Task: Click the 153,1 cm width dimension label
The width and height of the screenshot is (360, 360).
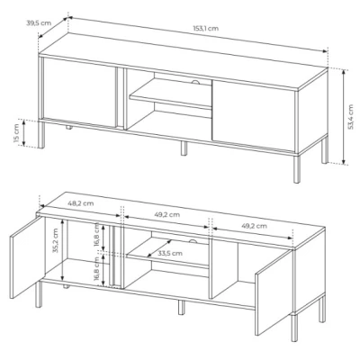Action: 205,29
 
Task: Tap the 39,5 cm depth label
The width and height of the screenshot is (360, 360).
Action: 39,23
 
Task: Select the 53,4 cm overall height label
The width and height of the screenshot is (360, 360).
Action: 350,117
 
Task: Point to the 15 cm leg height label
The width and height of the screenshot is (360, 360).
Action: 16,133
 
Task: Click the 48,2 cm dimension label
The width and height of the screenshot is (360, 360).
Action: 81,203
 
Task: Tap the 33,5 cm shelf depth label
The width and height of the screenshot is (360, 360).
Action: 170,253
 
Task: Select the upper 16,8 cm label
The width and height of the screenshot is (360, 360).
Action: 96,234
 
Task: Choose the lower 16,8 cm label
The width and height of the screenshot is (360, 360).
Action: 96,268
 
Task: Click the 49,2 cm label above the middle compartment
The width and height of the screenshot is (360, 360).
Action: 167,214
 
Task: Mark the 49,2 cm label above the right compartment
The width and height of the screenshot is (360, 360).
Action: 254,226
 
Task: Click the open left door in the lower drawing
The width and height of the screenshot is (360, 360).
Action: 27,257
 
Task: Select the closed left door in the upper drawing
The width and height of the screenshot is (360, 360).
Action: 79,93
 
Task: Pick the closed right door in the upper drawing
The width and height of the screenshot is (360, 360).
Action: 254,115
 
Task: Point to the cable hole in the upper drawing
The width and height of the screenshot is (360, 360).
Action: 196,83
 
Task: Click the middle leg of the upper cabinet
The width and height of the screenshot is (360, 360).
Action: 184,148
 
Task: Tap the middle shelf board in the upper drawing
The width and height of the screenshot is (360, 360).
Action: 170,97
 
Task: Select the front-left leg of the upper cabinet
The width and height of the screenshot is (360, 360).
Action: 41,135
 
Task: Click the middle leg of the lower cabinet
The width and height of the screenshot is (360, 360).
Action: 182,308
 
